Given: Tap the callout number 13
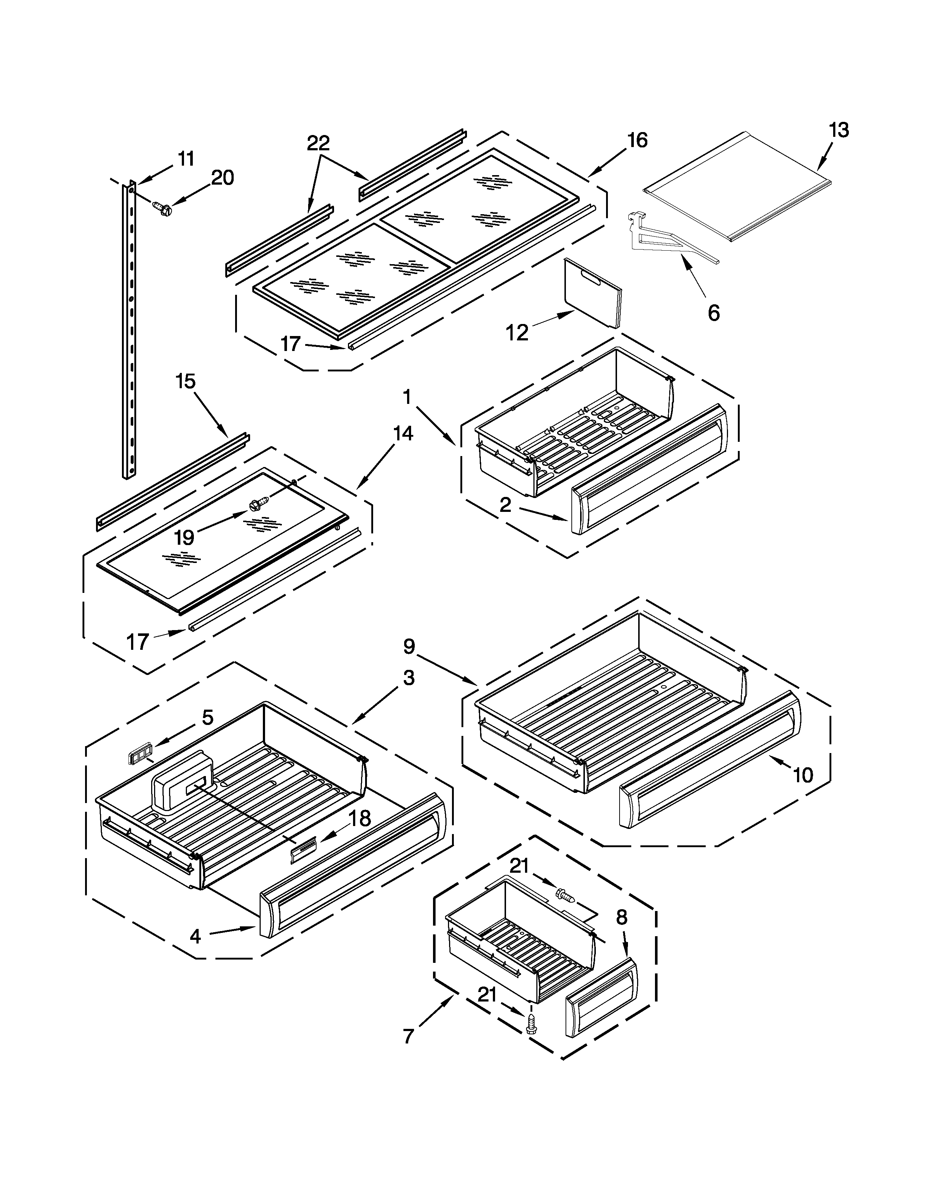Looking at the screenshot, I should [x=838, y=130].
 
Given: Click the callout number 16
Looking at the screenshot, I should [x=637, y=140].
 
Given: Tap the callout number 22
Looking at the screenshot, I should [x=318, y=143].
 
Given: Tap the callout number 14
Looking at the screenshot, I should [x=403, y=433].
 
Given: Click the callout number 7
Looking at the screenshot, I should [x=407, y=1037].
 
